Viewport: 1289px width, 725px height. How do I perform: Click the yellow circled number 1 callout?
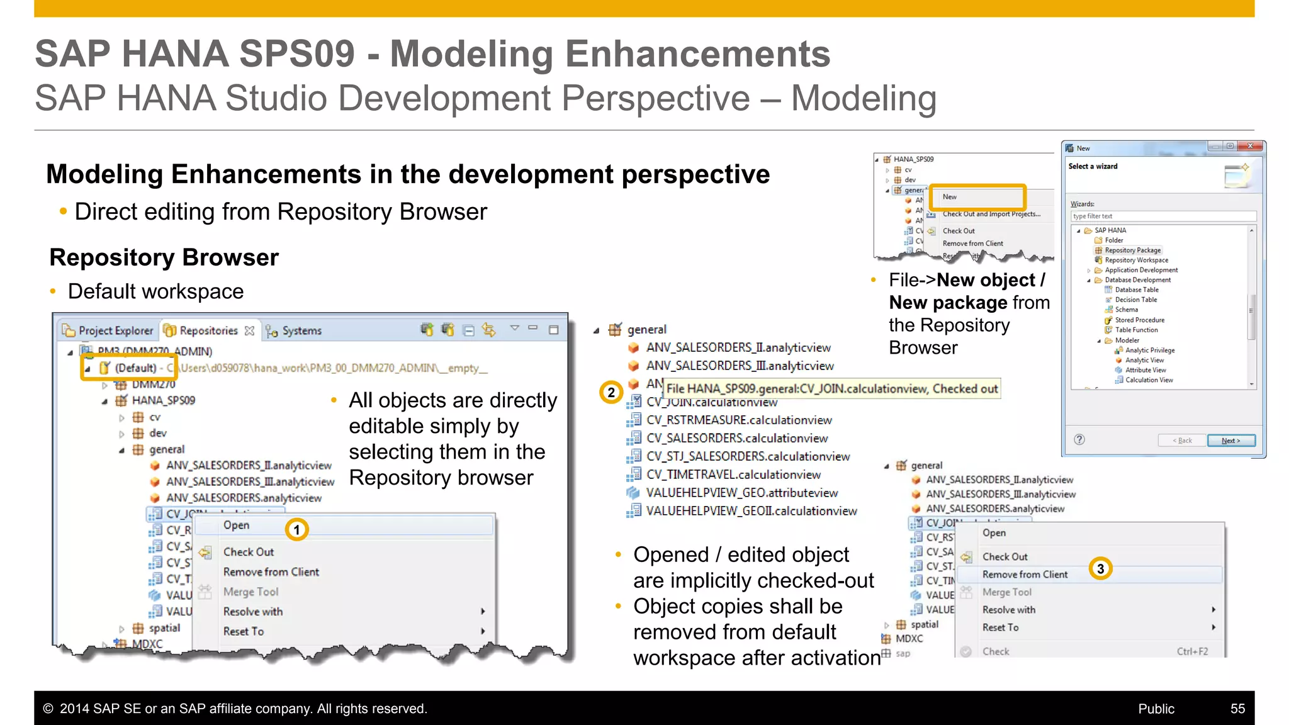pos(296,529)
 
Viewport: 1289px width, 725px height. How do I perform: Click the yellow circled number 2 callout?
pos(611,393)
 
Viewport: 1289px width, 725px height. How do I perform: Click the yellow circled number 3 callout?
pos(1100,569)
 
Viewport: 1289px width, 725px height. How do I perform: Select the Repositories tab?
pos(208,330)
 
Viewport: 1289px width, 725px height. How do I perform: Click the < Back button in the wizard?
pos(1182,441)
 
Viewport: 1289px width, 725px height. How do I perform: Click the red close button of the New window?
pos(1250,147)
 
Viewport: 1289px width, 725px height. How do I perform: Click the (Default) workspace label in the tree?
pos(135,368)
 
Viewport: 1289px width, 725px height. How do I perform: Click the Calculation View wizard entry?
pos(1149,380)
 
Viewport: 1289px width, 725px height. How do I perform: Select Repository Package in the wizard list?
pos(1132,250)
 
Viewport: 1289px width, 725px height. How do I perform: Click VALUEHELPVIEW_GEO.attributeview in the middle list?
pos(741,493)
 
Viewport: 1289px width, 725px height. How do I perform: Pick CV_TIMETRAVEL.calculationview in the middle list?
pos(733,475)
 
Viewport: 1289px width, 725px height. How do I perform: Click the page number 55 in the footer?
pos(1237,709)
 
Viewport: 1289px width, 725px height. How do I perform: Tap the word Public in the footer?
pos(1156,709)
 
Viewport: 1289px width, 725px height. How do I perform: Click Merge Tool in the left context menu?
pos(250,592)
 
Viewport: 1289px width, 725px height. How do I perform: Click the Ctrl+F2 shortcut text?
pos(1192,651)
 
